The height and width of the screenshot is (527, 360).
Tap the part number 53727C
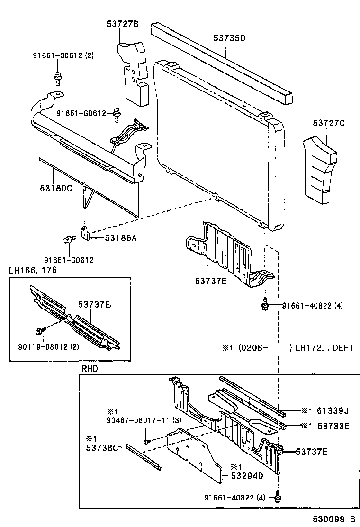coord(328,123)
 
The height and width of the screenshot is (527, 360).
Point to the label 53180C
coord(55,188)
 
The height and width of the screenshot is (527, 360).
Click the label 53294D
coord(247,476)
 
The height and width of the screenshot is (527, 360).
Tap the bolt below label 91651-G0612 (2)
coord(58,77)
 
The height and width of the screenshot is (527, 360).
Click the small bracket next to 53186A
coord(85,233)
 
